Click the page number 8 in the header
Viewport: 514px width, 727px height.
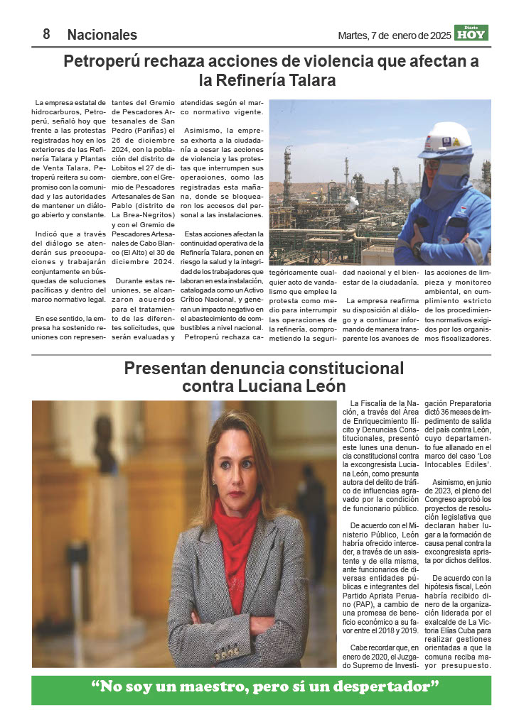[x=46, y=34]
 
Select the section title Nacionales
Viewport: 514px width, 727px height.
[x=102, y=35]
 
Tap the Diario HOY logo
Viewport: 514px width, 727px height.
[x=472, y=33]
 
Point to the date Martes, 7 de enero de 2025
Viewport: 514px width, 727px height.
[x=395, y=35]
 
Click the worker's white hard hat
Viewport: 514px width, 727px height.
[x=444, y=140]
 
